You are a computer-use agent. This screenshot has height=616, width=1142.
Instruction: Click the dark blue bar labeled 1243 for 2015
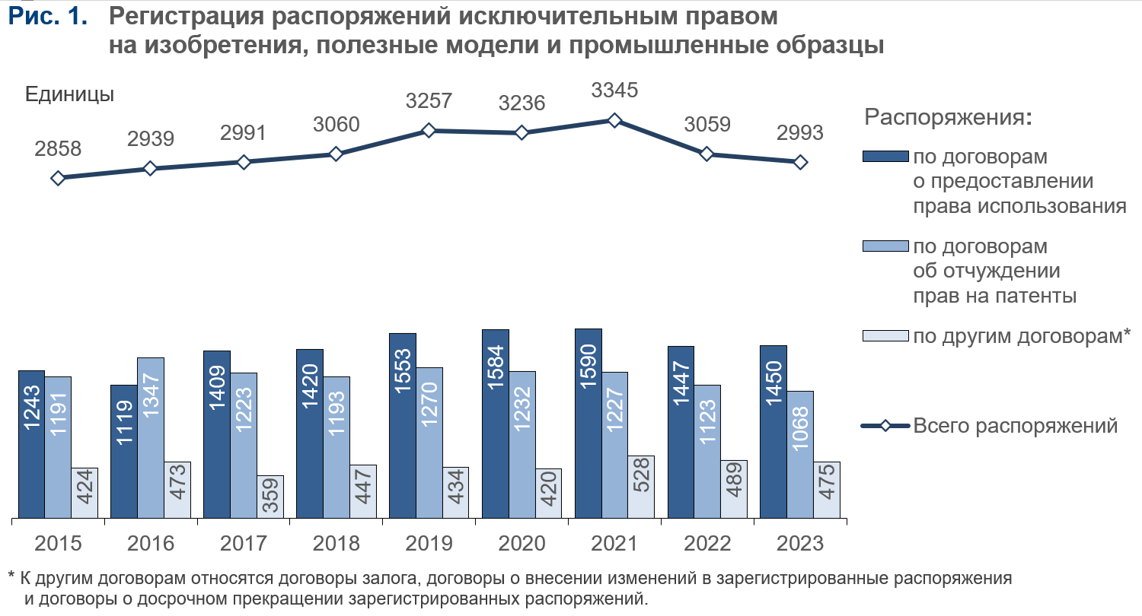pos(31,445)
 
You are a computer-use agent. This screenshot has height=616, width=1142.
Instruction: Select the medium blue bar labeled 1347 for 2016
pos(151,439)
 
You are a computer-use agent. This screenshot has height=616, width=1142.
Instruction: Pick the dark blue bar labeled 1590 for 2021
pos(589,424)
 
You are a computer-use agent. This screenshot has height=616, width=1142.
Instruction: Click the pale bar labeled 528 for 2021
pos(641,487)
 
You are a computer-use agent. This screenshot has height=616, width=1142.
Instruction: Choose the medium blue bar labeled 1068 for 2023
pos(800,456)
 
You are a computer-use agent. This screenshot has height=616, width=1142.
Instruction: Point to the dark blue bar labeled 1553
pos(403,427)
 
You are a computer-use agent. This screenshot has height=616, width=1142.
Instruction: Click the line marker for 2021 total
pos(614,120)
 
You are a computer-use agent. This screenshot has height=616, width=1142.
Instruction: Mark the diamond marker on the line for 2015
pos(58,178)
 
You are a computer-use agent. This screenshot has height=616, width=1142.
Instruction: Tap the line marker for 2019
pos(429,131)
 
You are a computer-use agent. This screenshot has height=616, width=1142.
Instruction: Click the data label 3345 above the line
pos(614,90)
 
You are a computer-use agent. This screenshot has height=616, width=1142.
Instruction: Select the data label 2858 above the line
pos(58,148)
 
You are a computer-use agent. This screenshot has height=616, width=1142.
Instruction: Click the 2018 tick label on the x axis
pos(337,544)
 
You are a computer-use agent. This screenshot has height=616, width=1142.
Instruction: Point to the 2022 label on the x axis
pos(707,544)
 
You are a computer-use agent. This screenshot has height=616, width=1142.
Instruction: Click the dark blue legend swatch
pos(885,157)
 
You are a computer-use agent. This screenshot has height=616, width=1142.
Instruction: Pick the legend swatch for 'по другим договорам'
pos(885,335)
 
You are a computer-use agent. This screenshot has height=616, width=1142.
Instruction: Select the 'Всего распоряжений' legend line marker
pos(885,426)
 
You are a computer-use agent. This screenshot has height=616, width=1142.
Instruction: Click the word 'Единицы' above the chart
pos(70,94)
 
